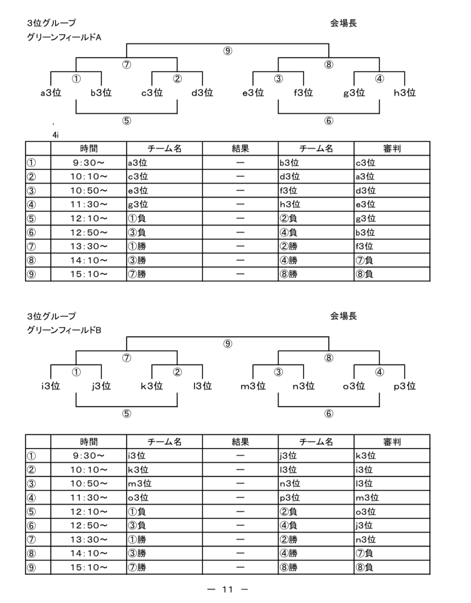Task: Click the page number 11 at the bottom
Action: [227, 589]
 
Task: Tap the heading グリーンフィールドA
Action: [64, 38]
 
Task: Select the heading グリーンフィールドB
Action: [64, 330]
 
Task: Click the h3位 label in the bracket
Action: [405, 93]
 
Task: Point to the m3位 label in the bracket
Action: [253, 386]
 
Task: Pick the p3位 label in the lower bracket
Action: [405, 386]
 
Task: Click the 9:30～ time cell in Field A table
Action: [89, 163]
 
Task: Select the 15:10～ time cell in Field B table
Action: [89, 567]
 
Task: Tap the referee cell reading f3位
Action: [365, 246]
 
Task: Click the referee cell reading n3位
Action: [365, 539]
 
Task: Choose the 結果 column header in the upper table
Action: [240, 149]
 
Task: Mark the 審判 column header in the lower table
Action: [392, 442]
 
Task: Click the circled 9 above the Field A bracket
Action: [228, 51]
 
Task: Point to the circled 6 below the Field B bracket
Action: [329, 414]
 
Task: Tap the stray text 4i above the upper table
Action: [56, 135]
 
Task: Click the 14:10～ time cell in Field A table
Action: [89, 260]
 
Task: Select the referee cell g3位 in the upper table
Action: [365, 218]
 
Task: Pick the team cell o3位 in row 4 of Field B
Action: [138, 497]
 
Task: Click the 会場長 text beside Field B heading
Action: [343, 316]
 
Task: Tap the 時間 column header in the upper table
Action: [89, 149]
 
